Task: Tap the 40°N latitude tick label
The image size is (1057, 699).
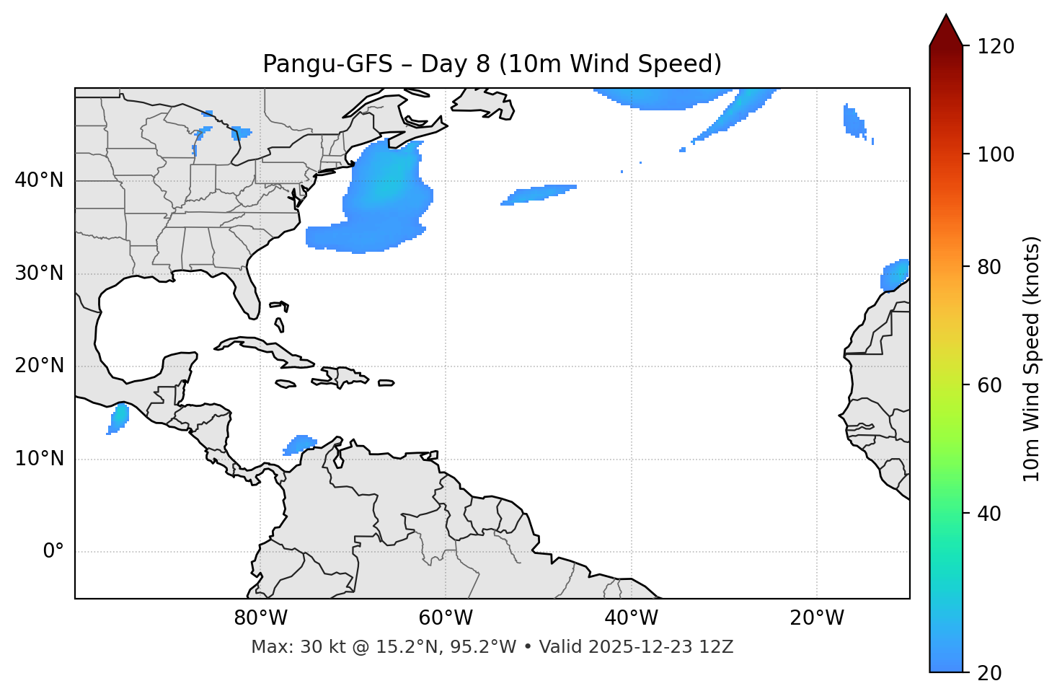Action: tap(39, 180)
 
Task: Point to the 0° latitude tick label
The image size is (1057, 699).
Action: tap(53, 552)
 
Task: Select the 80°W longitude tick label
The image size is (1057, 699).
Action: tap(260, 618)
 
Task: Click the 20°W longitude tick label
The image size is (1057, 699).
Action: tap(817, 618)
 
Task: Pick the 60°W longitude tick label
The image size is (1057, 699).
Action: tap(446, 618)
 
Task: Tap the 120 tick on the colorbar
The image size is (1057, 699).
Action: tap(996, 47)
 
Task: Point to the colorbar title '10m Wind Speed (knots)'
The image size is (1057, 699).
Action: tap(1032, 359)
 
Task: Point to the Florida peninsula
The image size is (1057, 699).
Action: tap(247, 292)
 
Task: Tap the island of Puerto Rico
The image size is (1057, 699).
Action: tap(386, 383)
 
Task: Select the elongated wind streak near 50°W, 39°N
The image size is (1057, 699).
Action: tap(539, 193)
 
